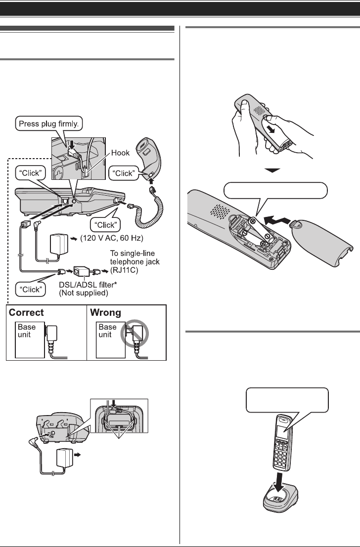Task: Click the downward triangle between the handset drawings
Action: (273, 171)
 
